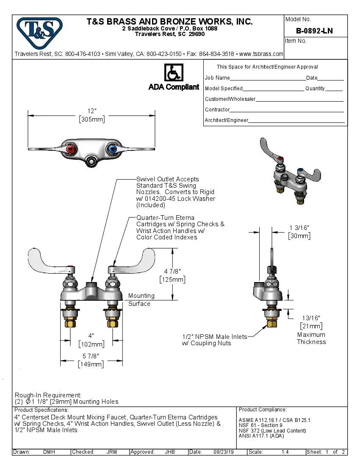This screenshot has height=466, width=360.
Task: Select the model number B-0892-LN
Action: point(314,31)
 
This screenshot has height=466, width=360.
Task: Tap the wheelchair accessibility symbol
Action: point(173,72)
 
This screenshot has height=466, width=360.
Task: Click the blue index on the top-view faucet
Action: point(112,149)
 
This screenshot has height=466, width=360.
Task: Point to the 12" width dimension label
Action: point(92,111)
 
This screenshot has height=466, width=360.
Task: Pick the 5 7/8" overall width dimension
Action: point(91,356)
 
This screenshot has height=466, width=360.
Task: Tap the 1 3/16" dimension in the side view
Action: point(299,228)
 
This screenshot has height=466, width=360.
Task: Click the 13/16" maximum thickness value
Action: point(311,318)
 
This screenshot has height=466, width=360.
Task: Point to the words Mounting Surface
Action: point(141,300)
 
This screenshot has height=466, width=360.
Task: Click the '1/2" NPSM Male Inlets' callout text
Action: point(214,336)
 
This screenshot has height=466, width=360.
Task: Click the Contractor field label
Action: point(217,110)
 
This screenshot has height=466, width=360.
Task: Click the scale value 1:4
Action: point(285,452)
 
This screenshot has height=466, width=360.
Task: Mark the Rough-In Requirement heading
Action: point(48,395)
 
